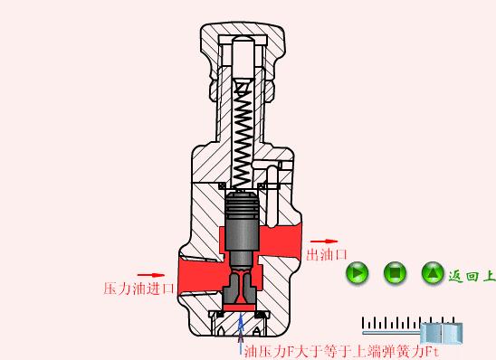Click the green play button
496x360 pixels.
click(x=358, y=272)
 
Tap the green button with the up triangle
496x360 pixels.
click(x=433, y=272)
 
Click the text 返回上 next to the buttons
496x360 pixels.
click(x=472, y=275)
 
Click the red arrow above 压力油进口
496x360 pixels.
click(x=150, y=275)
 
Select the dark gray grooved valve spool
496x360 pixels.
click(x=242, y=222)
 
